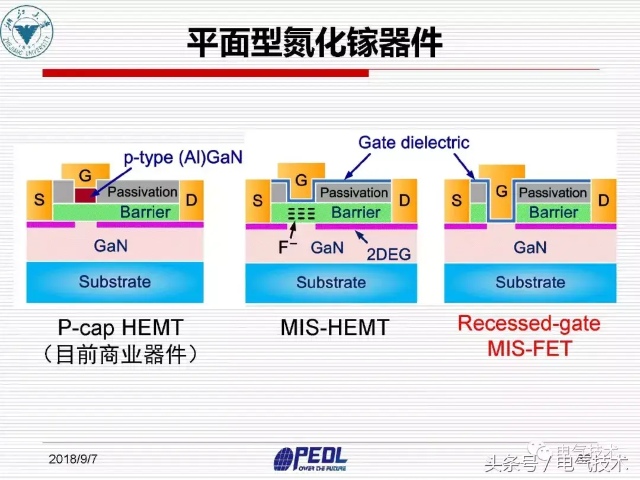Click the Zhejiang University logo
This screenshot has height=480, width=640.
click(27, 32)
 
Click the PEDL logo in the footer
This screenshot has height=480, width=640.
click(310, 459)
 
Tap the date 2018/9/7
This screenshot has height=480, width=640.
click(73, 459)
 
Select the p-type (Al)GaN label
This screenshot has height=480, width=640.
click(183, 158)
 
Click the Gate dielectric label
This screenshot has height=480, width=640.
click(414, 142)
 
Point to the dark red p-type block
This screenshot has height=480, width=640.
click(85, 195)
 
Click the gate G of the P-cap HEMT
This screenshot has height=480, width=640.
click(85, 175)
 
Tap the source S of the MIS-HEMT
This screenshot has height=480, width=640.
click(258, 200)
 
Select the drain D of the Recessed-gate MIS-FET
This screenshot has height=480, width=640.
click(603, 200)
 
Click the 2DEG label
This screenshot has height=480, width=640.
click(389, 254)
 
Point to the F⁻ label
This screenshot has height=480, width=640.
click(287, 247)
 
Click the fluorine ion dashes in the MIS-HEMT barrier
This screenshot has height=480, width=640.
click(302, 213)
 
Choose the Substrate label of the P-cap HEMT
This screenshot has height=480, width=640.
click(115, 281)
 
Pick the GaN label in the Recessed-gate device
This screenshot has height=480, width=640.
click(530, 247)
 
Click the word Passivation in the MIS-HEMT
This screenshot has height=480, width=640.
click(354, 192)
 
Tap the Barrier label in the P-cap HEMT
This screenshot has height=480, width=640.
click(145, 212)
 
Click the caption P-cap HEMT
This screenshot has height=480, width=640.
click(120, 327)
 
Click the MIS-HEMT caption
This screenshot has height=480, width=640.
click(335, 327)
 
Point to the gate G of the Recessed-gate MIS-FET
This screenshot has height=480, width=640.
click(502, 191)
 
